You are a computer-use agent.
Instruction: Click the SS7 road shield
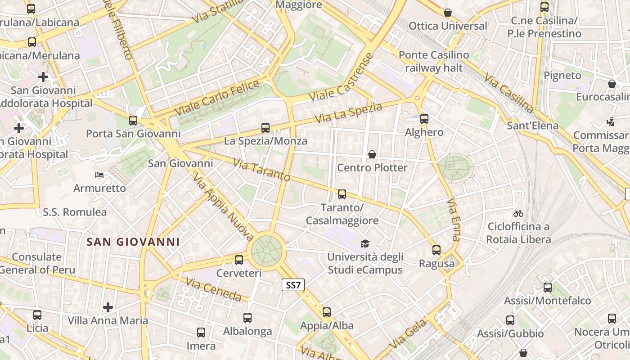pyautogui.click(x=293, y=285)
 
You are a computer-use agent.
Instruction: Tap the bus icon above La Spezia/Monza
pyautogui.click(x=265, y=128)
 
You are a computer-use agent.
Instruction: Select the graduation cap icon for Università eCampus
pyautogui.click(x=364, y=244)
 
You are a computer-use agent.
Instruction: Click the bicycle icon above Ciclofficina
pyautogui.click(x=518, y=213)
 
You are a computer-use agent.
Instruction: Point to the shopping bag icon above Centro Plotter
pyautogui.click(x=372, y=155)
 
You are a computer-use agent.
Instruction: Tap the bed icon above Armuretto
pyautogui.click(x=99, y=175)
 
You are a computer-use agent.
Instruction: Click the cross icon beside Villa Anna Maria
pyautogui.click(x=108, y=307)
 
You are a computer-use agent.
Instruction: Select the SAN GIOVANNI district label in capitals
pyautogui.click(x=133, y=242)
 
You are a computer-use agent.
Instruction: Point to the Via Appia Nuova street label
pyautogui.click(x=223, y=207)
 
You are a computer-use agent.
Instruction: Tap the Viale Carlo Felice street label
pyautogui.click(x=217, y=98)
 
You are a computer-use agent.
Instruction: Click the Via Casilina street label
pyautogui.click(x=509, y=93)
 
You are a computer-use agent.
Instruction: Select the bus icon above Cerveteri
pyautogui.click(x=239, y=260)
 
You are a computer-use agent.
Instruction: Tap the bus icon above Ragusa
pyautogui.click(x=436, y=250)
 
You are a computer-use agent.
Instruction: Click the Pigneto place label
pyautogui.click(x=562, y=76)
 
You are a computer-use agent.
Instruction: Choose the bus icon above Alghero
pyautogui.click(x=424, y=119)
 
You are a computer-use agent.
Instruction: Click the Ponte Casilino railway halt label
pyautogui.click(x=434, y=62)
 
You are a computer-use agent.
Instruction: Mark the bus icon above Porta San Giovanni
pyautogui.click(x=133, y=121)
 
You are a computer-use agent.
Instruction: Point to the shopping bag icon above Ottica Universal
pyautogui.click(x=448, y=13)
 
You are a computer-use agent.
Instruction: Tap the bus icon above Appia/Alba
pyautogui.click(x=327, y=312)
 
